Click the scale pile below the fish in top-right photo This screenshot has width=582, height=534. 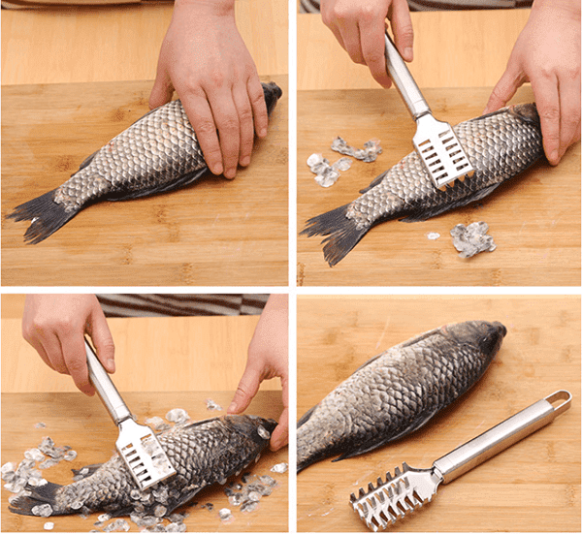point(472,237)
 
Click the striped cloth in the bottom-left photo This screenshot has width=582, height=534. point(184,304)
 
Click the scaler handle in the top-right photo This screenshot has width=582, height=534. point(405,82)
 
